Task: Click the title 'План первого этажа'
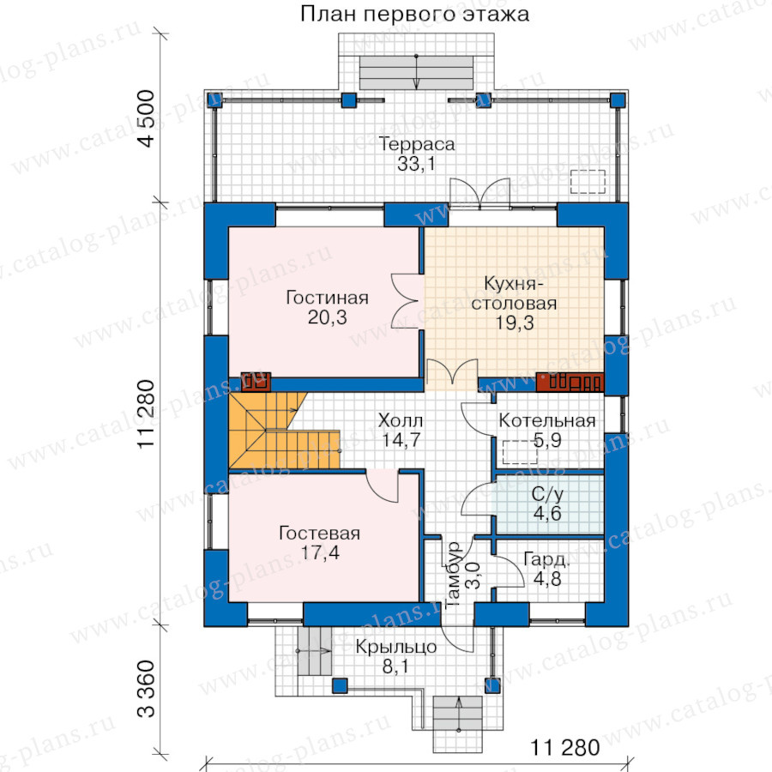[414, 15]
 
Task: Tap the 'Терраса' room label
[417, 144]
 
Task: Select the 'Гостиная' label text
[327, 298]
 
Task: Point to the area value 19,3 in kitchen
[514, 323]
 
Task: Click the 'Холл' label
[401, 421]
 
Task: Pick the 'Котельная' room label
[547, 421]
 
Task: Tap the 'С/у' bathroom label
[547, 494]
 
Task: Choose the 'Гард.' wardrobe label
[546, 559]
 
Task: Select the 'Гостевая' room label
[320, 534]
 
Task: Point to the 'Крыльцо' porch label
[395, 647]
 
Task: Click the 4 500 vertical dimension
[146, 118]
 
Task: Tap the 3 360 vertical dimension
[146, 689]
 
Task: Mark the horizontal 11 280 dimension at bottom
[564, 748]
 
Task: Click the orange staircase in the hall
[275, 430]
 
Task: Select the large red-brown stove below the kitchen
[570, 382]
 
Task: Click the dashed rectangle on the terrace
[588, 182]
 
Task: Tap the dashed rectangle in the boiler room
[520, 452]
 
